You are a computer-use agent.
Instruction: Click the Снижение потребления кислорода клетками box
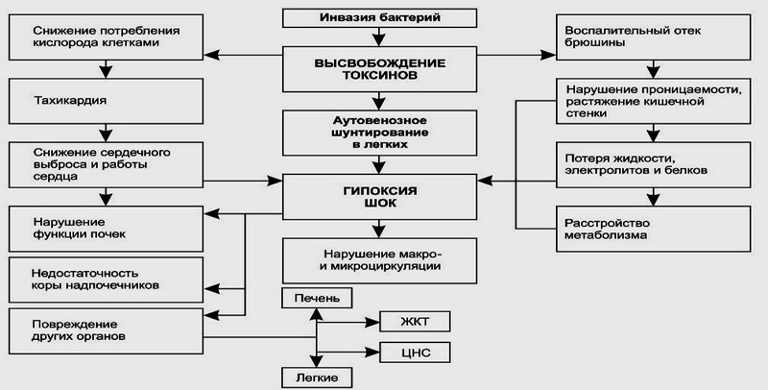(x=106, y=37)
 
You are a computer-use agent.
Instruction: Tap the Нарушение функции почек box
(x=106, y=228)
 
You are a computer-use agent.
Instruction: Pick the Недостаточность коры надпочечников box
(x=106, y=280)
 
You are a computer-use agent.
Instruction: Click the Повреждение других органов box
(x=106, y=329)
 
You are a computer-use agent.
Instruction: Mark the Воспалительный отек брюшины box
(x=653, y=37)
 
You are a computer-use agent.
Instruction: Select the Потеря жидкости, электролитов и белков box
(x=653, y=163)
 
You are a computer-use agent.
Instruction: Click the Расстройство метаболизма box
(x=653, y=228)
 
